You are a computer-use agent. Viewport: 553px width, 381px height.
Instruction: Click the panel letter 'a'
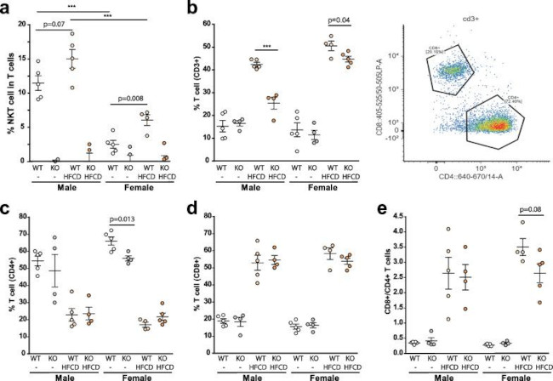pos(7,9)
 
